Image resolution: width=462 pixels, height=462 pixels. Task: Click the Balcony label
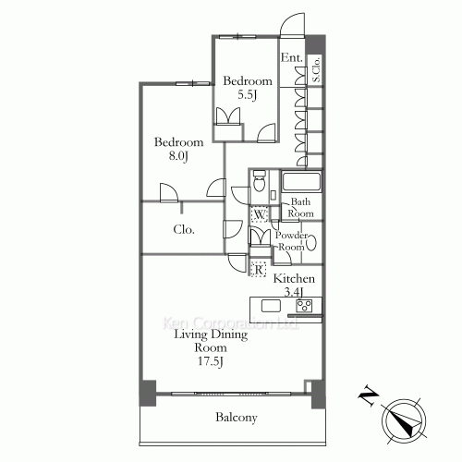tap(237, 419)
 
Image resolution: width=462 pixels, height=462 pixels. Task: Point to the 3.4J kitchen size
tap(295, 292)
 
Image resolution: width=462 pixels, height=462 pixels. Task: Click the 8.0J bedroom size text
tap(177, 156)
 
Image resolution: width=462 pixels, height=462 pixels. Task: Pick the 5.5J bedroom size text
tap(247, 93)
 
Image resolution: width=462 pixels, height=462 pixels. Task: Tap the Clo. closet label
tap(182, 230)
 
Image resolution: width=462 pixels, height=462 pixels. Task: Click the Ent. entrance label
tap(292, 56)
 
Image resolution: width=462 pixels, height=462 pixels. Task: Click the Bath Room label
tap(302, 207)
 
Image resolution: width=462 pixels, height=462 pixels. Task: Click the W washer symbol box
tap(260, 216)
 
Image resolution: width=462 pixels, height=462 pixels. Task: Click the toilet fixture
tap(260, 184)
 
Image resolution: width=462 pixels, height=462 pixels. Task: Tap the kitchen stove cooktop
tap(304, 306)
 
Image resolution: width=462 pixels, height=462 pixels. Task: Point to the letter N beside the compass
tap(368, 398)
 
